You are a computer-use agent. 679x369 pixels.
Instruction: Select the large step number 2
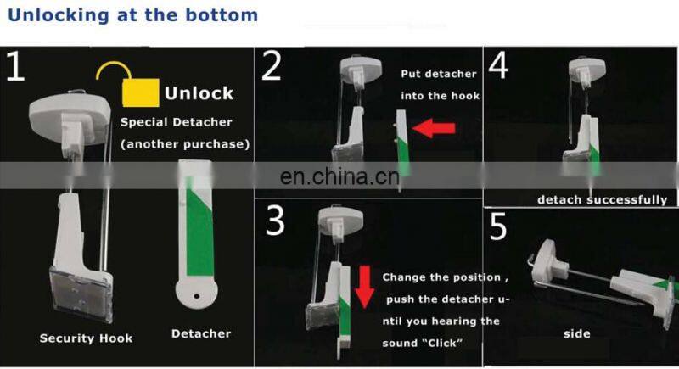271,67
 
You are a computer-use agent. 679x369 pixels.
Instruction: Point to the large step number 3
275,220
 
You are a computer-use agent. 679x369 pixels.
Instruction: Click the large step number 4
498,65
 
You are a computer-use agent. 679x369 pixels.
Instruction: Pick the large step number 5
499,228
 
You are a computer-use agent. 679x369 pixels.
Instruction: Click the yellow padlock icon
139,88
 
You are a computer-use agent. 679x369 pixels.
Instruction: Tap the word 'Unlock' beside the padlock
199,92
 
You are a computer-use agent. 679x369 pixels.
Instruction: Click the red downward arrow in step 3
364,286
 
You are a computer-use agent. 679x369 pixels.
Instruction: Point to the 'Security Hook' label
86,338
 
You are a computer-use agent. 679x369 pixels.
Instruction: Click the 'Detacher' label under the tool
200,333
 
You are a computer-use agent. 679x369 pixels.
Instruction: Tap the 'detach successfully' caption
602,200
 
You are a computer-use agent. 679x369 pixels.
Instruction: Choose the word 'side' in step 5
576,333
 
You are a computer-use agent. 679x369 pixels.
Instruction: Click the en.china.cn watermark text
339,177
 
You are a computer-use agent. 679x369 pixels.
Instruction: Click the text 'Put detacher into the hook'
440,85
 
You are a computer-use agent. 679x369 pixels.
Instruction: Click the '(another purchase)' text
185,144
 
